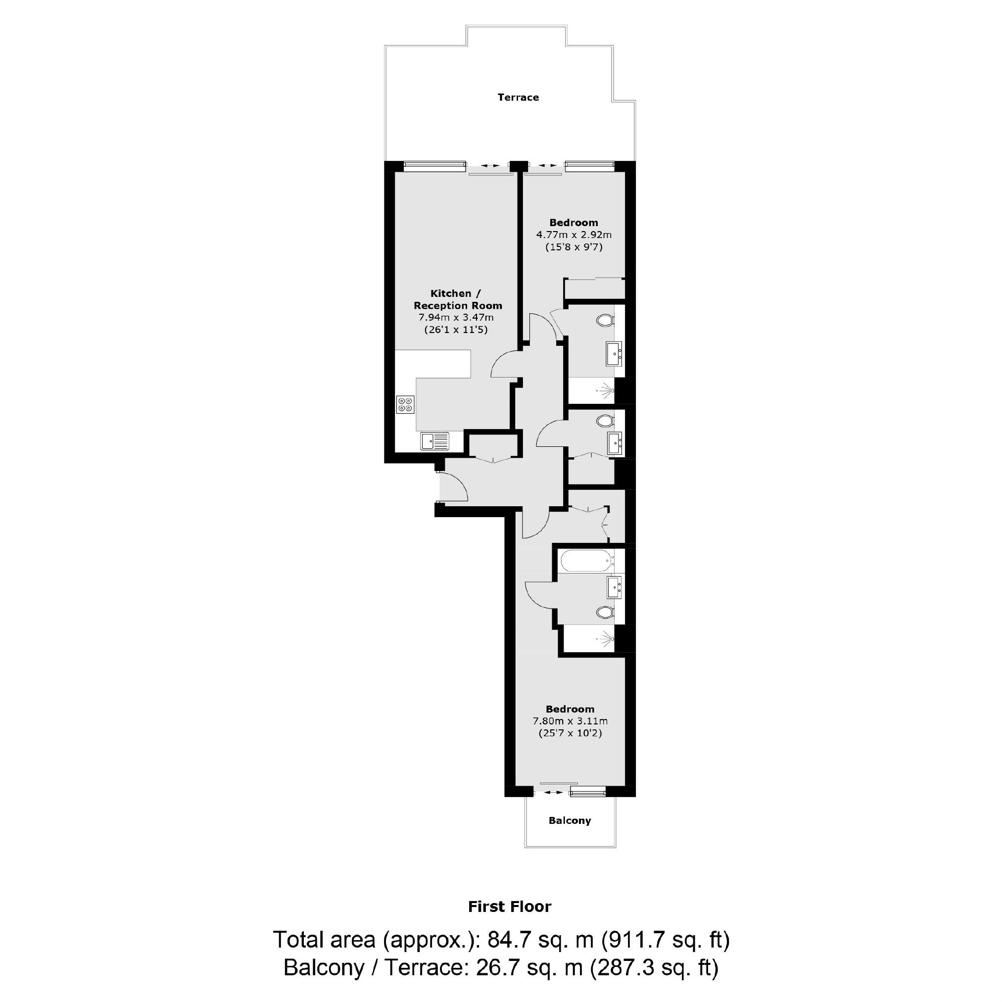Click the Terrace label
coord(518,97)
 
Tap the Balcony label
coord(570,820)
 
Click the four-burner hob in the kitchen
coord(405,405)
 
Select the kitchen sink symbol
coord(434,441)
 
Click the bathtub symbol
coord(586,561)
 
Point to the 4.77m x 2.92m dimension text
coord(573,235)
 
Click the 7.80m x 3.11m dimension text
coord(570,721)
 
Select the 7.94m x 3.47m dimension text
coord(456,317)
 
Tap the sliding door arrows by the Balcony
coord(553,792)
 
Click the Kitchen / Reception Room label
coord(457,300)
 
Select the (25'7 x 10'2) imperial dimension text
coord(570,733)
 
